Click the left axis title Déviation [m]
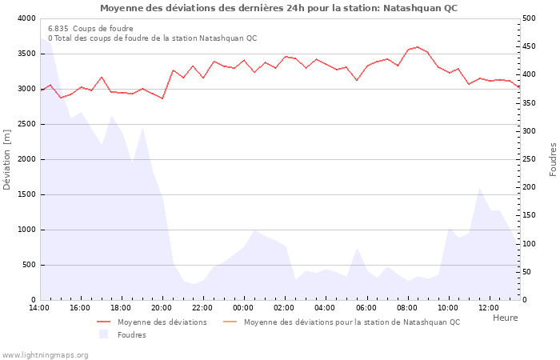pos(7,159)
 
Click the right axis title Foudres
pos(553,159)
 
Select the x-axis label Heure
pos(505,318)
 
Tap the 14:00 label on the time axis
pos(39,308)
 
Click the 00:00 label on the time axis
pos(243,308)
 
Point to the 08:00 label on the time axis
pos(406,308)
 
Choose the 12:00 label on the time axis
pos(488,308)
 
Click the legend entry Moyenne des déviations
pos(162,322)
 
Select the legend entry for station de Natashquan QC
pos(351,322)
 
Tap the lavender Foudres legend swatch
pos(103,335)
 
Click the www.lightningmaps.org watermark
pos(45,354)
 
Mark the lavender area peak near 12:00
pos(479,189)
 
